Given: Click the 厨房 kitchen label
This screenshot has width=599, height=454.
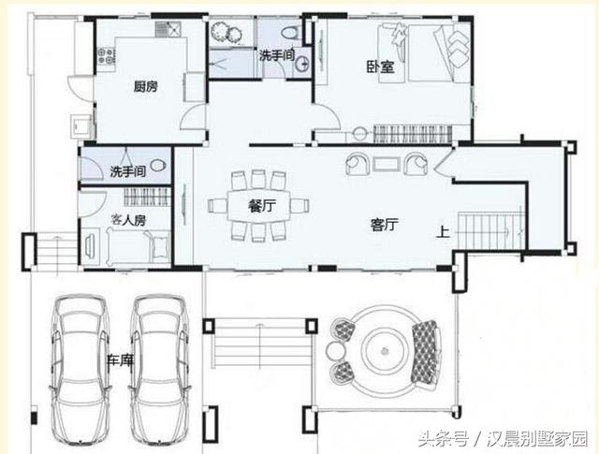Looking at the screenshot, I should point(144,87).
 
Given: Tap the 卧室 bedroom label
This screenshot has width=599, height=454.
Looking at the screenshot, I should point(378,67).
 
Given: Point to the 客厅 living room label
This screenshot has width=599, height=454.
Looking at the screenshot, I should point(385,225).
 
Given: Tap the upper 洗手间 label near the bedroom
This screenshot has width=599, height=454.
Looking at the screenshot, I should point(276,56).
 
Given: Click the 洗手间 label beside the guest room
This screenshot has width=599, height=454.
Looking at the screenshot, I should point(126,172).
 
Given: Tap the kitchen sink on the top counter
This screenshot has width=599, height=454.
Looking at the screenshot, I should point(168,31).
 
